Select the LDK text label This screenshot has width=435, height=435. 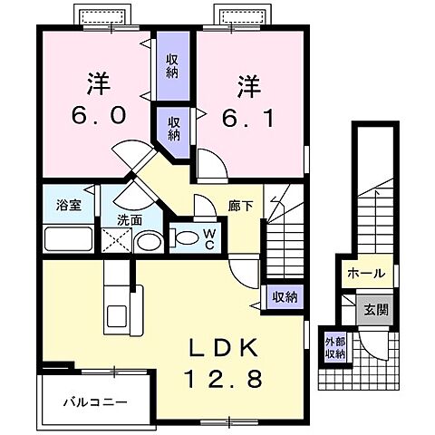pyautogui.click(x=223, y=347)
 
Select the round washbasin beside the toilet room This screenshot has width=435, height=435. pyautogui.click(x=148, y=241)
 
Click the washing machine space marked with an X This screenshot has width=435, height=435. pyautogui.click(x=115, y=240)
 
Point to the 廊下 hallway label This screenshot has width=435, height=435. pyautogui.click(x=240, y=206)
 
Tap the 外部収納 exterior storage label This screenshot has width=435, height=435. pyautogui.click(x=335, y=348)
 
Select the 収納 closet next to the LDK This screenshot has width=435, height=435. pyautogui.click(x=285, y=296)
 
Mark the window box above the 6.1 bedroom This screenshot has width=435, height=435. pyautogui.click(x=243, y=17)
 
